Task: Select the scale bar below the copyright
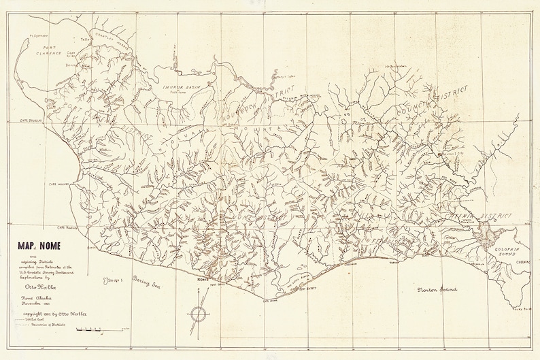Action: [90, 330]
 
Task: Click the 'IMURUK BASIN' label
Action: [181, 87]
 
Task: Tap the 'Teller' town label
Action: [86, 39]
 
